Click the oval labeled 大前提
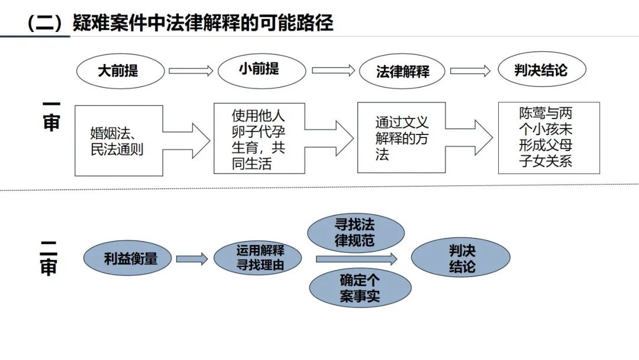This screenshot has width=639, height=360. coord(118,71)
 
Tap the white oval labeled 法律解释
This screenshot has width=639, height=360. coord(402,72)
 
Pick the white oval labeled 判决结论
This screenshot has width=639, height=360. coord(541,70)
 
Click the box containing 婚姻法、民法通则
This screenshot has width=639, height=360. coord(118,140)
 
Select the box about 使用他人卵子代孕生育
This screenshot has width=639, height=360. coord(258,139)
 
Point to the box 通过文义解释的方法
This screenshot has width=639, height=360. coord(401,137)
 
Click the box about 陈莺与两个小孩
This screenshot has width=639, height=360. coord(548,138)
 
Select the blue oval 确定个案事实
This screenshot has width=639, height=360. coord(360,288)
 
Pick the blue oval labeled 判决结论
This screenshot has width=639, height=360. coord(461,258)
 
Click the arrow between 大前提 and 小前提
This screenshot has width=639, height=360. coord(191,71)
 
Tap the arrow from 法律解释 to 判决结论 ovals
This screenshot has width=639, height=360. coord(470,71)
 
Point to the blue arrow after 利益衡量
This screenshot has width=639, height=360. coord(192,259)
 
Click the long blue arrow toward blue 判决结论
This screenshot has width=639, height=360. coord(356,259)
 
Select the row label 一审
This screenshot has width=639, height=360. coord(51,115)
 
